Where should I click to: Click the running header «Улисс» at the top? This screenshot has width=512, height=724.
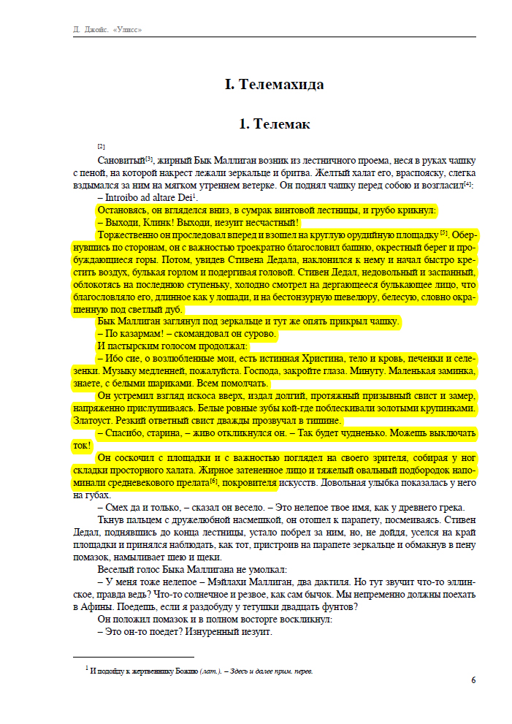pyautogui.click(x=125, y=30)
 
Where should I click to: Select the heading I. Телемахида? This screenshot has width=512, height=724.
pyautogui.click(x=274, y=85)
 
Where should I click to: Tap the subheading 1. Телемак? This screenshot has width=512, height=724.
pyautogui.click(x=274, y=124)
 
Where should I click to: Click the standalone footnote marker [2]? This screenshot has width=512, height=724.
pyautogui.click(x=101, y=146)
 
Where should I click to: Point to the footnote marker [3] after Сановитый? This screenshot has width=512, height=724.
pyautogui.click(x=148, y=158)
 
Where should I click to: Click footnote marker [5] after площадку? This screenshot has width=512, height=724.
pyautogui.click(x=443, y=233)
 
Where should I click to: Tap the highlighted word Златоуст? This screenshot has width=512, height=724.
pyautogui.click(x=92, y=421)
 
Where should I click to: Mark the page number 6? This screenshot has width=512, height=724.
pyautogui.click(x=473, y=680)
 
